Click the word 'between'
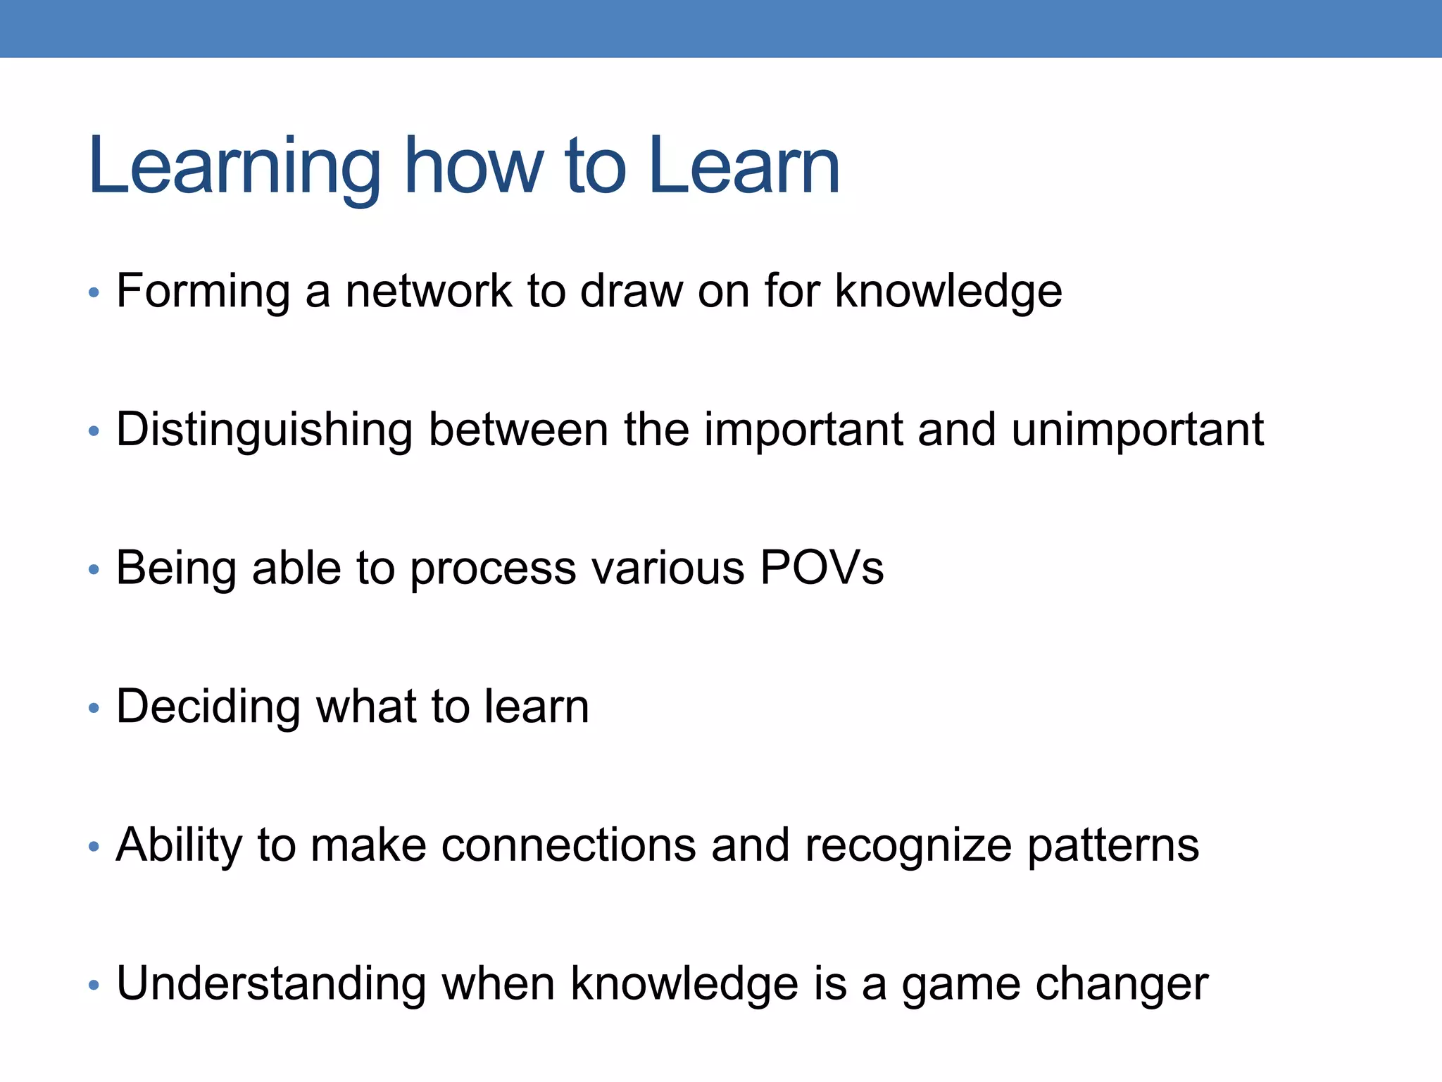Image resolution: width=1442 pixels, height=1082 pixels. click(x=518, y=429)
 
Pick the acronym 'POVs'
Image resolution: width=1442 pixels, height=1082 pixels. click(x=822, y=568)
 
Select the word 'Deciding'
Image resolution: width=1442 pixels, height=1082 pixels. click(x=208, y=707)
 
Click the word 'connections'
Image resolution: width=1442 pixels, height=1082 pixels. click(x=568, y=845)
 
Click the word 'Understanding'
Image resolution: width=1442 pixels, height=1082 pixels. click(x=271, y=984)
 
